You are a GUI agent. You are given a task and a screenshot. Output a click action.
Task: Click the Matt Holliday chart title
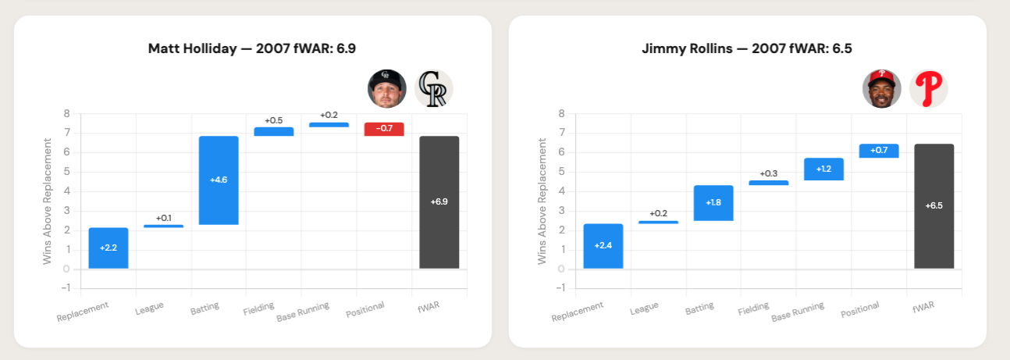(252, 48)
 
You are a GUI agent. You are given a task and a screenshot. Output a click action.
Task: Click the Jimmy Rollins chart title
(747, 48)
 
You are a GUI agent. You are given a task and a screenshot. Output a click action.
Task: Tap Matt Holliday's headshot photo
(387, 88)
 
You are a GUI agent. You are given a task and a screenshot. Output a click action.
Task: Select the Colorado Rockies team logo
(434, 88)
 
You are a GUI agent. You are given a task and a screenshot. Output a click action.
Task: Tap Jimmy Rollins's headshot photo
(882, 88)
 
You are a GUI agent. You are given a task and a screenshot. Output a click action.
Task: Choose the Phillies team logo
(929, 88)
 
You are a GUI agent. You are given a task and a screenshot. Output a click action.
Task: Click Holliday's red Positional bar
(384, 130)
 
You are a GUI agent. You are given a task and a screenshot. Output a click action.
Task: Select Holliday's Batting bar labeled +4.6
(219, 180)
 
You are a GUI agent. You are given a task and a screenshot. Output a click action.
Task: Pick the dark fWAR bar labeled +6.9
(439, 202)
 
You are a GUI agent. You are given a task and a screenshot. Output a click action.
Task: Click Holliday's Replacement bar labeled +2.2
(108, 248)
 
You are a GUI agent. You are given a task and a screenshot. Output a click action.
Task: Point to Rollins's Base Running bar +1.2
(823, 169)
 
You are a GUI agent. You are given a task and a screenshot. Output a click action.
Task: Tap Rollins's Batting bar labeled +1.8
(713, 203)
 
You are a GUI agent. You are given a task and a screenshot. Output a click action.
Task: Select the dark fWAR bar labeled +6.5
(934, 206)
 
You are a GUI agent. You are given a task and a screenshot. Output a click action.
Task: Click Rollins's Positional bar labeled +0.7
(879, 151)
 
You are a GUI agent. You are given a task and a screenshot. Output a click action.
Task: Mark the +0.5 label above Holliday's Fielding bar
(273, 120)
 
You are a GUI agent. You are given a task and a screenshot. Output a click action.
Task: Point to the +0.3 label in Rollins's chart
(769, 173)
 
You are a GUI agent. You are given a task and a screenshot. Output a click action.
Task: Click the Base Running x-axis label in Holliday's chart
(303, 312)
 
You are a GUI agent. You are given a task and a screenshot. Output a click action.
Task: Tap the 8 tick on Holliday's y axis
(66, 114)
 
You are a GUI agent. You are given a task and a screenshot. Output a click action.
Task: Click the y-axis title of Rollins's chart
(542, 201)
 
